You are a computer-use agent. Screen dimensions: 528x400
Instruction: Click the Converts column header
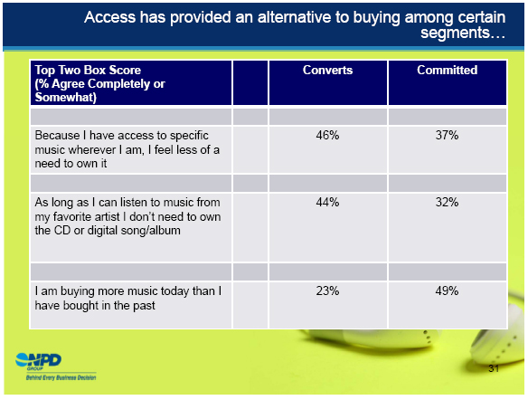pos(327,70)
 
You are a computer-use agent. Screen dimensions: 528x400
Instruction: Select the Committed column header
pos(448,70)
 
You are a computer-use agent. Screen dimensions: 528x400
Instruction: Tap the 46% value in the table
pos(327,136)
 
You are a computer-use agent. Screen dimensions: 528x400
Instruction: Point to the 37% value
pos(447,136)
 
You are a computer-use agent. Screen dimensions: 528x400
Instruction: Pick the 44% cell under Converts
pos(327,202)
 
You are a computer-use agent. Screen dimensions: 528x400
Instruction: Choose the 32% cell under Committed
pos(447,202)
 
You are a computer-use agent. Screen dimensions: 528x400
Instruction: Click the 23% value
pos(327,290)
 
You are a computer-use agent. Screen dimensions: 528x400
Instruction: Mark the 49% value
pos(447,290)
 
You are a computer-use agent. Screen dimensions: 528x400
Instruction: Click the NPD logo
pos(38,360)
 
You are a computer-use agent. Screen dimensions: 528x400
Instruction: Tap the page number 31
pos(494,368)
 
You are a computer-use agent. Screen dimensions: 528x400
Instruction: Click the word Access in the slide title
pos(109,17)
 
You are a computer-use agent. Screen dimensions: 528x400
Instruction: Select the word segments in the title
pos(455,33)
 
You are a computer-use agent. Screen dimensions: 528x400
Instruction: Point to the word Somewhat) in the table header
pos(66,98)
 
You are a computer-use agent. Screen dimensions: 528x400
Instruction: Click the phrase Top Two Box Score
pos(88,70)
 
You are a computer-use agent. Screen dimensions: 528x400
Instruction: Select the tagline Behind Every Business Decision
pos(61,377)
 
